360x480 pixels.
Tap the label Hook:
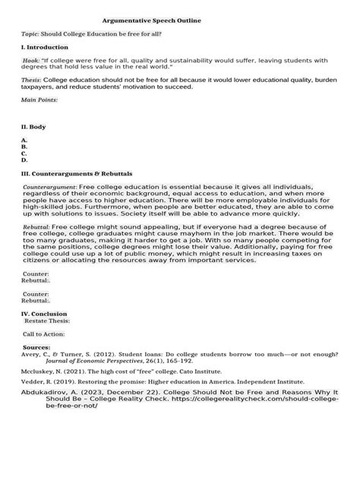[33, 58]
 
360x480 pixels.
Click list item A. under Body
[25, 141]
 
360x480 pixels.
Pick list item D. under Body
[25, 160]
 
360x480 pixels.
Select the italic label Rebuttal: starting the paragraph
[36, 227]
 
